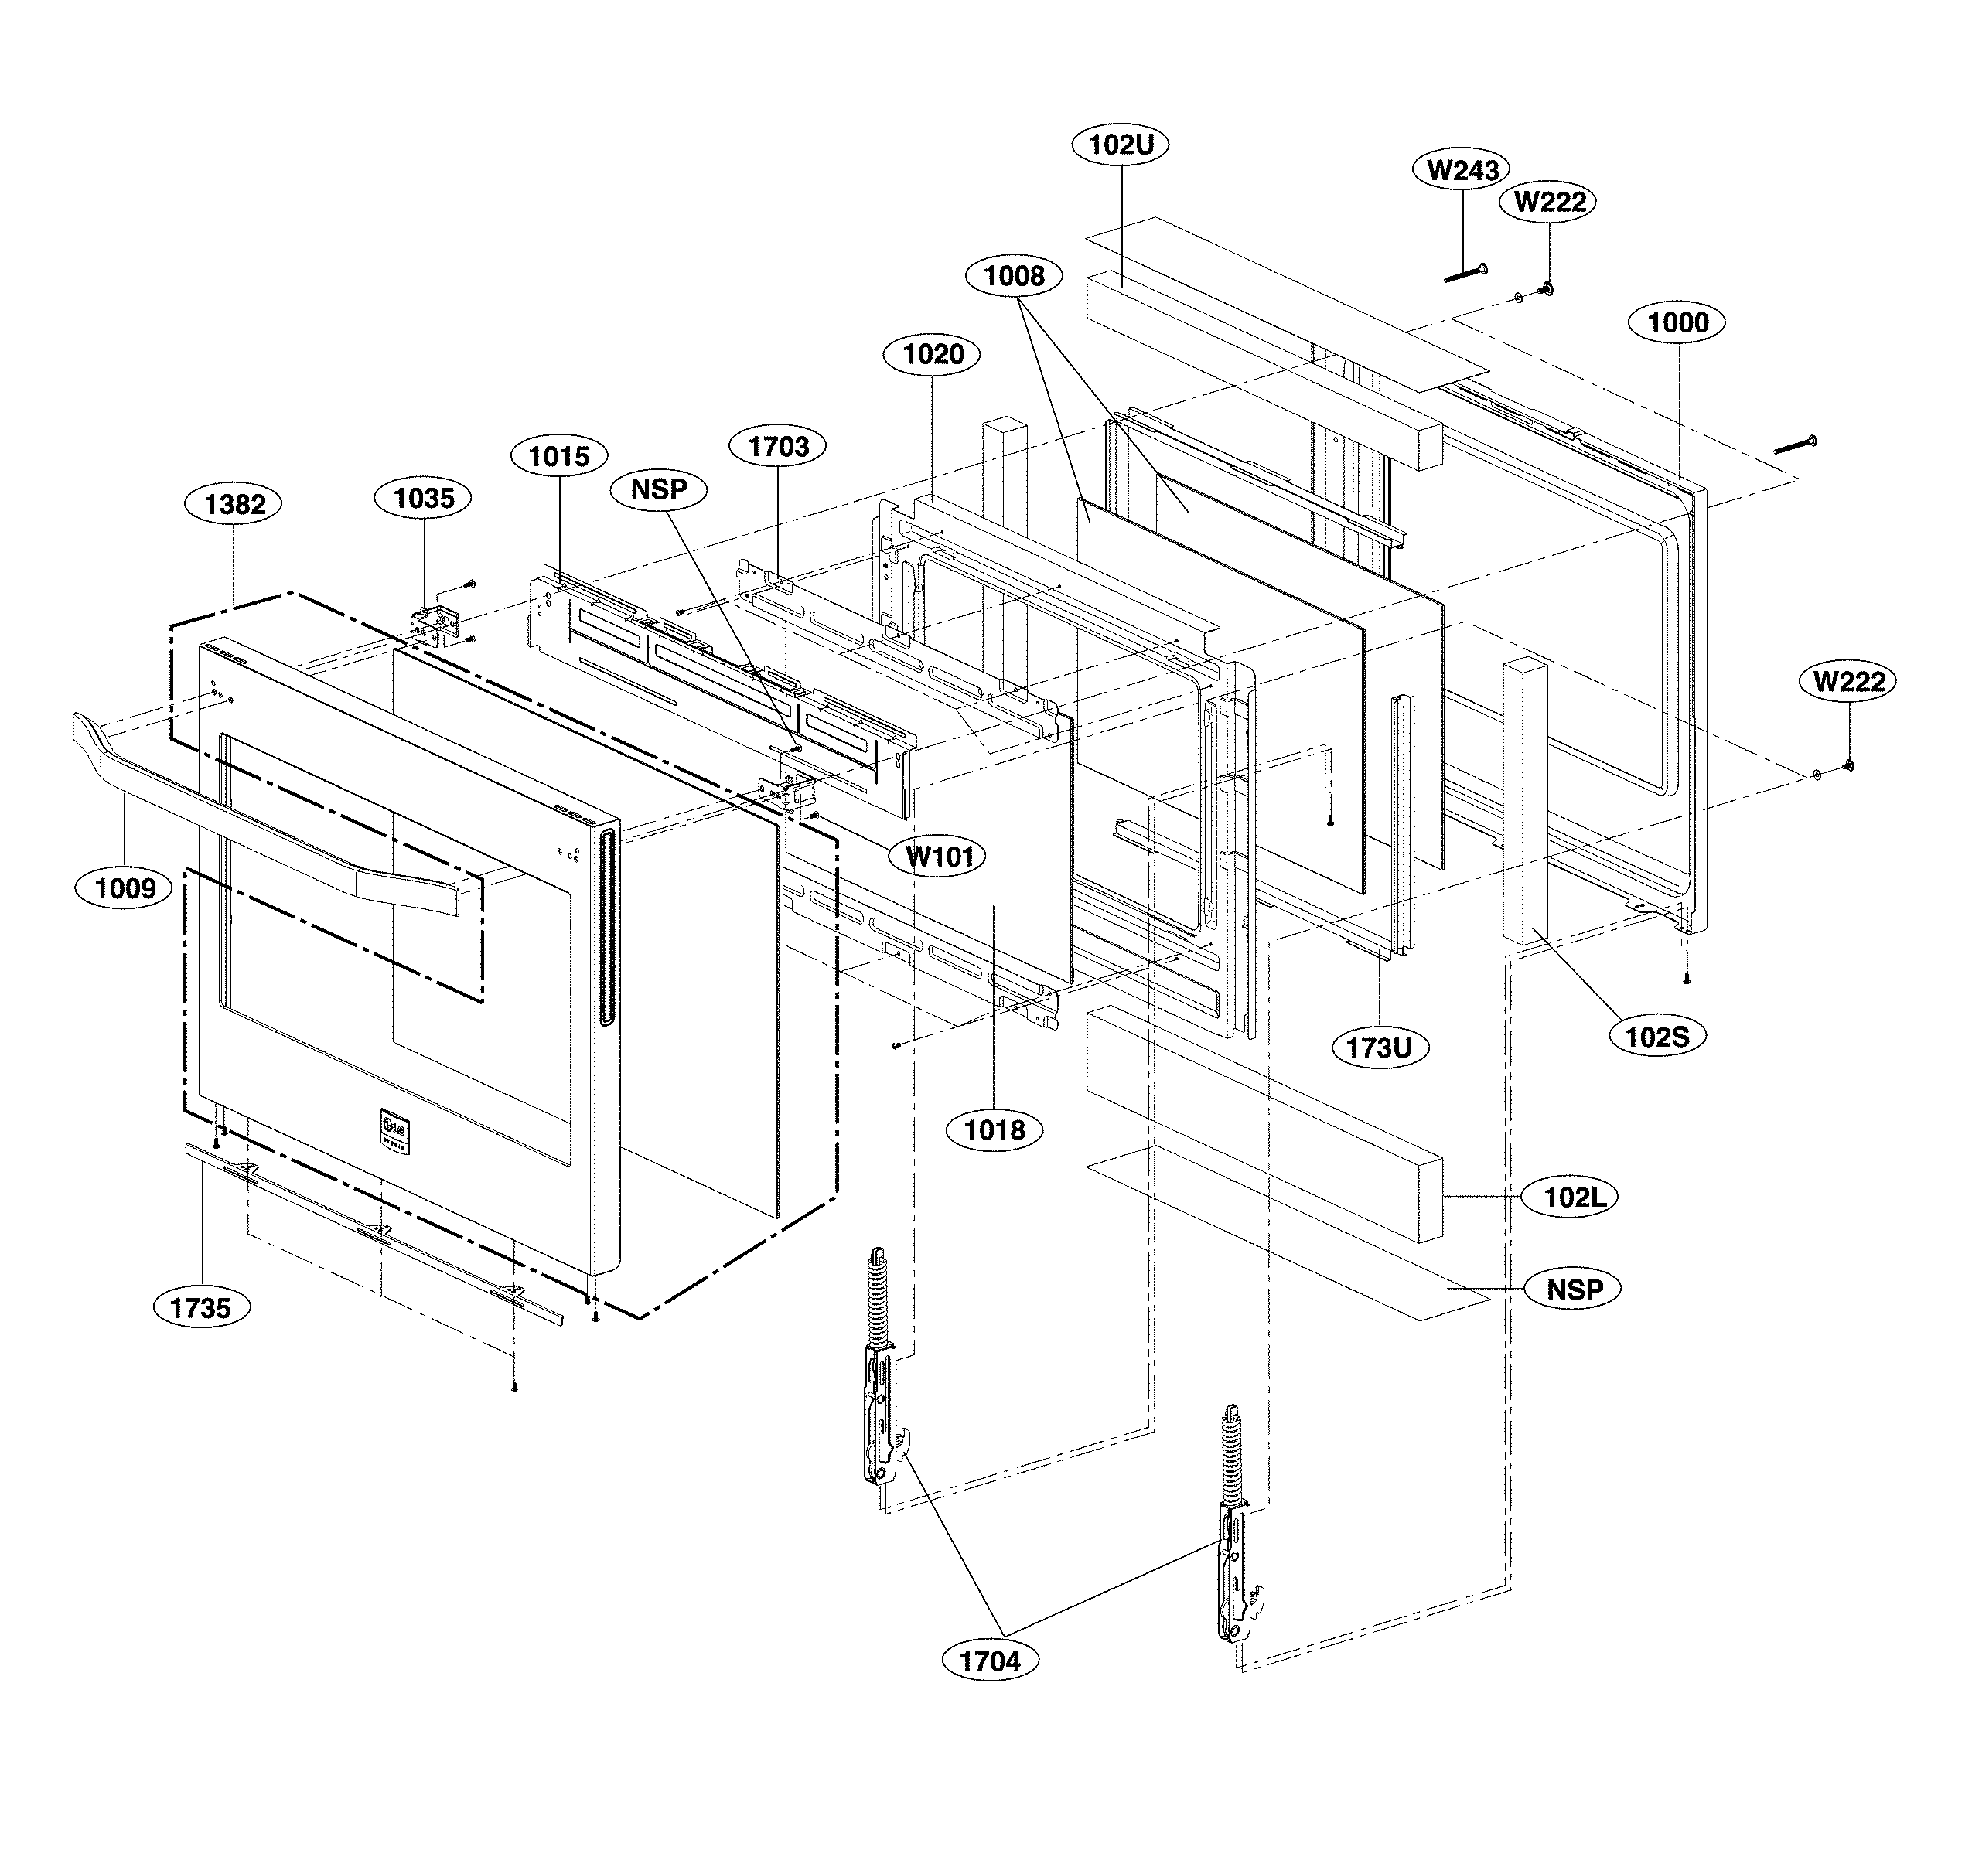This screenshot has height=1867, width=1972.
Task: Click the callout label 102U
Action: click(1120, 145)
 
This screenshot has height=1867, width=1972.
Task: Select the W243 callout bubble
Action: click(1462, 170)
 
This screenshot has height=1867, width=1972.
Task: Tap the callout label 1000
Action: click(1678, 322)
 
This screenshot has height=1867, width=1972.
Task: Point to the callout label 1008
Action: click(1015, 276)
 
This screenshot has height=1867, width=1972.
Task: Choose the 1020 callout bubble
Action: click(933, 354)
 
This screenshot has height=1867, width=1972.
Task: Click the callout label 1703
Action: click(779, 446)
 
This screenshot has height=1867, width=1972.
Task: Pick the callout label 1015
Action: click(558, 457)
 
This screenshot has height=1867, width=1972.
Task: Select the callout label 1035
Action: click(424, 498)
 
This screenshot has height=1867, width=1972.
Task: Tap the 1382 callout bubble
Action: click(235, 505)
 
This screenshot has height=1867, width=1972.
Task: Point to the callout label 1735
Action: click(201, 1308)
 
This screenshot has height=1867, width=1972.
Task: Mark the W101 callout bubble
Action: click(940, 856)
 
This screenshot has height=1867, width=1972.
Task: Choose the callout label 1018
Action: click(995, 1129)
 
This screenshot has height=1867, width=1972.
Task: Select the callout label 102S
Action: click(1657, 1036)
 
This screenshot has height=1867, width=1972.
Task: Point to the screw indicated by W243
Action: click(1465, 274)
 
